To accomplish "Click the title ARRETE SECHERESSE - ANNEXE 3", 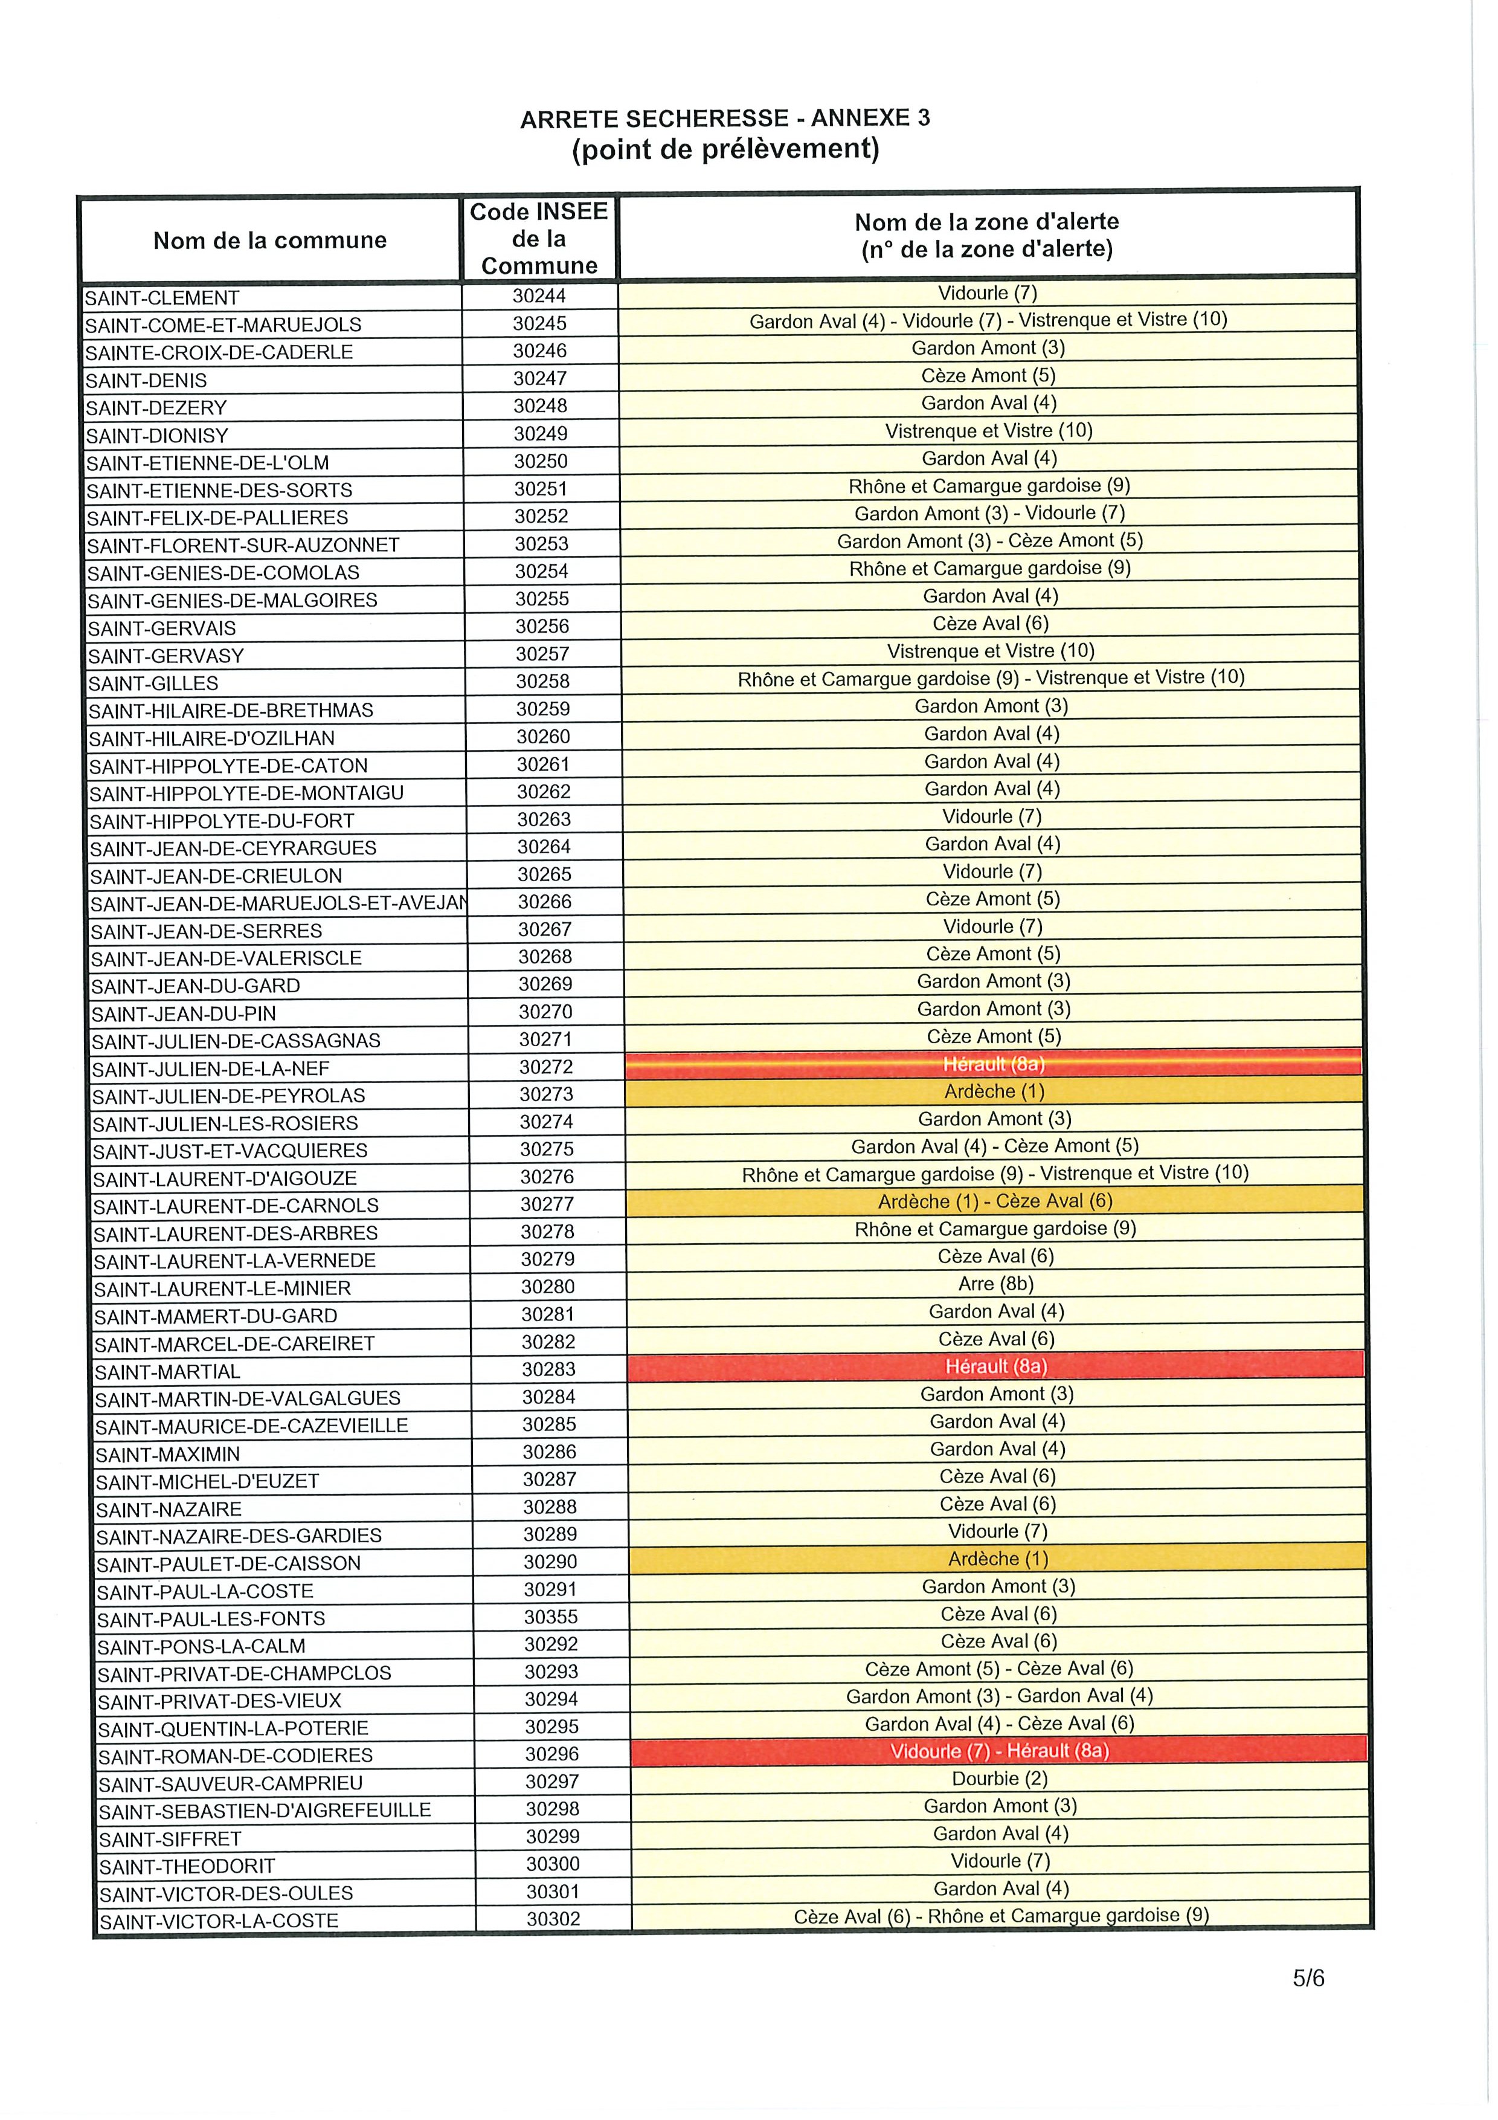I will click(725, 118).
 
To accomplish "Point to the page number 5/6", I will click(1309, 1978).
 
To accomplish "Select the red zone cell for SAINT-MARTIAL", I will click(996, 1366).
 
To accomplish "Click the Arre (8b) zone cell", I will click(996, 1284).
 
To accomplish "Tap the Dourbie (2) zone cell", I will click(998, 1779).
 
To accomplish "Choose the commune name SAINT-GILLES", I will click(153, 684).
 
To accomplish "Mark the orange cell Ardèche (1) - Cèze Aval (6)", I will click(995, 1201).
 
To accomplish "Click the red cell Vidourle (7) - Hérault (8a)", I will click(998, 1751).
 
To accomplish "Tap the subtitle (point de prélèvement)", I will click(725, 149).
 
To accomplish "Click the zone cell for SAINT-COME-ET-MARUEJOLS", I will click(988, 320).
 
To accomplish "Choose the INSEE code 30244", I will click(540, 296).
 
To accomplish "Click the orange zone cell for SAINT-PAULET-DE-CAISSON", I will click(998, 1559).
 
